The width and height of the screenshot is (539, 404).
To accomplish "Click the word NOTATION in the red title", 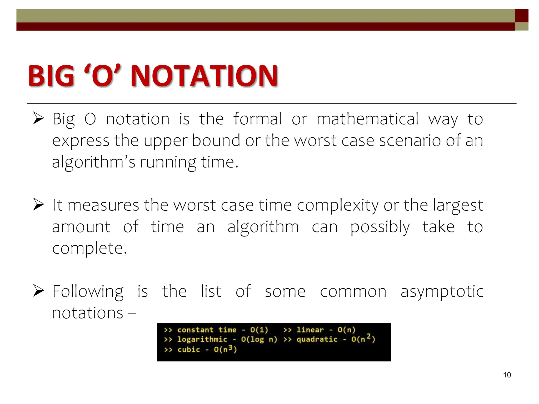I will (x=204, y=76).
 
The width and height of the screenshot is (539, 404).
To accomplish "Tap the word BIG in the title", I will (x=52, y=76).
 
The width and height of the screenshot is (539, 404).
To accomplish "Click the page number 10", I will (x=507, y=375).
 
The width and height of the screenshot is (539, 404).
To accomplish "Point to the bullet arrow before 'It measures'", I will (x=38, y=204).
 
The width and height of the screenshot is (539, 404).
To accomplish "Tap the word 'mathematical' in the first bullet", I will (x=367, y=119).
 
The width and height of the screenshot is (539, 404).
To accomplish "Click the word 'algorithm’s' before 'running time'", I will (x=94, y=162).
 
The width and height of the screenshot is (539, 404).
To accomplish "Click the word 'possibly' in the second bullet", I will (x=380, y=227).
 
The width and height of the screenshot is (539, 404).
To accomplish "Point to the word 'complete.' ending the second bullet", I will (x=89, y=249).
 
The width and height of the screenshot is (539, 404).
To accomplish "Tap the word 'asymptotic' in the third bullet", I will (x=442, y=292).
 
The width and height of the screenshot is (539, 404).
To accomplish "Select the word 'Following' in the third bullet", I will (x=88, y=292).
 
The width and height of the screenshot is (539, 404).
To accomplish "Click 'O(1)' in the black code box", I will (x=259, y=330).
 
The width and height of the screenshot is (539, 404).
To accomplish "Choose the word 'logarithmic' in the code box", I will (x=202, y=339).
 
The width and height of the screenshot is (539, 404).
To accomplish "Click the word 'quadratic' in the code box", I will (x=317, y=339).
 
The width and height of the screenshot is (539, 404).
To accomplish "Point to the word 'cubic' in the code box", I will (x=189, y=350).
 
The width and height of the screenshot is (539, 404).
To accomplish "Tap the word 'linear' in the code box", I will (x=310, y=330).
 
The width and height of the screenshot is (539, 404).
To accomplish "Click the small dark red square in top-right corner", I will (x=521, y=16).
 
